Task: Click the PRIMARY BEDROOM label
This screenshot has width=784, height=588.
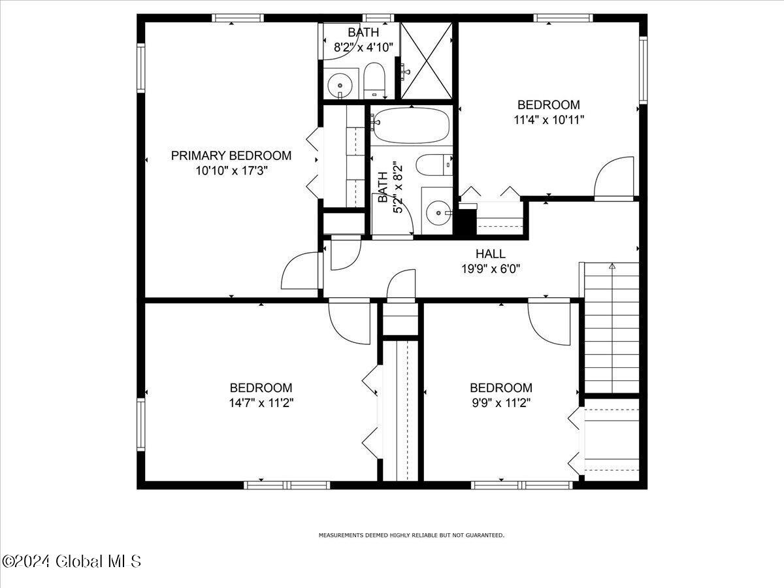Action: (231, 155)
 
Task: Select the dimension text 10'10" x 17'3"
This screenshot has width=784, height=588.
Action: (231, 171)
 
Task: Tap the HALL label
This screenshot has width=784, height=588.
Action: (490, 254)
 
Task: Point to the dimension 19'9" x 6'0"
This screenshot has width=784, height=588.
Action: (490, 268)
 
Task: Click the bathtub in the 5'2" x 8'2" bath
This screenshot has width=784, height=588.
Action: (411, 125)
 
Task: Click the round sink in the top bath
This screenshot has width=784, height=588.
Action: (340, 83)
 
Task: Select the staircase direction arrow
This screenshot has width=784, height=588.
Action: (612, 266)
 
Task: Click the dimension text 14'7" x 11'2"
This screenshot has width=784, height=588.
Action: (261, 402)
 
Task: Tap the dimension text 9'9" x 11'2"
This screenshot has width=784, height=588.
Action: (500, 402)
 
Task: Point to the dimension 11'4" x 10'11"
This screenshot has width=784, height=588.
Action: (548, 120)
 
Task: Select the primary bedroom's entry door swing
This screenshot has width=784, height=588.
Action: (299, 271)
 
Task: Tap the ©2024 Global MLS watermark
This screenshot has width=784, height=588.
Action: (72, 561)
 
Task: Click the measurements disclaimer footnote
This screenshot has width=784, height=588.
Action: (411, 535)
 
